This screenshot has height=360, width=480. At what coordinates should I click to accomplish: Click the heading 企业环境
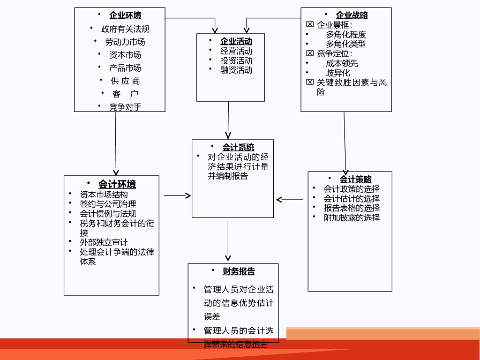tap(125, 15)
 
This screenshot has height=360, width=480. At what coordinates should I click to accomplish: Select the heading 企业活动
tap(236, 41)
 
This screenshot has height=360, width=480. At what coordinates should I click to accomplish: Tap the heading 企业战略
tap(352, 15)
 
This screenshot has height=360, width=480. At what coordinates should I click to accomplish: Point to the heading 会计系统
tap(238, 147)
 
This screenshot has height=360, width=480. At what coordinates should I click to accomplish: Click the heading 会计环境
tap(117, 184)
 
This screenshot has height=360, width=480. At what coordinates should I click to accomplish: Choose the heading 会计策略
tap(355, 180)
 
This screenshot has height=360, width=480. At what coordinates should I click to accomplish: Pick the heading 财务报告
tap(239, 271)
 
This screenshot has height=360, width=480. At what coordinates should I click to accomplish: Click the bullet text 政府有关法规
tap(125, 29)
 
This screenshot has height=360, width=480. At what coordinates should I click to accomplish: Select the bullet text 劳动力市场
tap(125, 42)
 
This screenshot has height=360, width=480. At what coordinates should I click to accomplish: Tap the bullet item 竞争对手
tap(125, 107)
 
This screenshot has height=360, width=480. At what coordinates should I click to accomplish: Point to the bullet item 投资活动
tap(236, 60)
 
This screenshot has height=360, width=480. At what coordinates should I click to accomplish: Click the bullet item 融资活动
tap(236, 70)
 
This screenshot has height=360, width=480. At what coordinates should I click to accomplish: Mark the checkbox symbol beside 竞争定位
tap(309, 53)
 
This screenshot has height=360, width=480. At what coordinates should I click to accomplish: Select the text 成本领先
tap(342, 63)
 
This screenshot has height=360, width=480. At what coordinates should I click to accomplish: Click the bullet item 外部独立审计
tap(104, 242)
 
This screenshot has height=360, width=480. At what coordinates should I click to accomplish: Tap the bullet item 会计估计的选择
tap(352, 199)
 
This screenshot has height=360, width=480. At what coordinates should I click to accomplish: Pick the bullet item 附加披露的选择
tap(352, 217)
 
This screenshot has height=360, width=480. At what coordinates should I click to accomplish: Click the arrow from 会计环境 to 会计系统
tap(177, 196)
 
